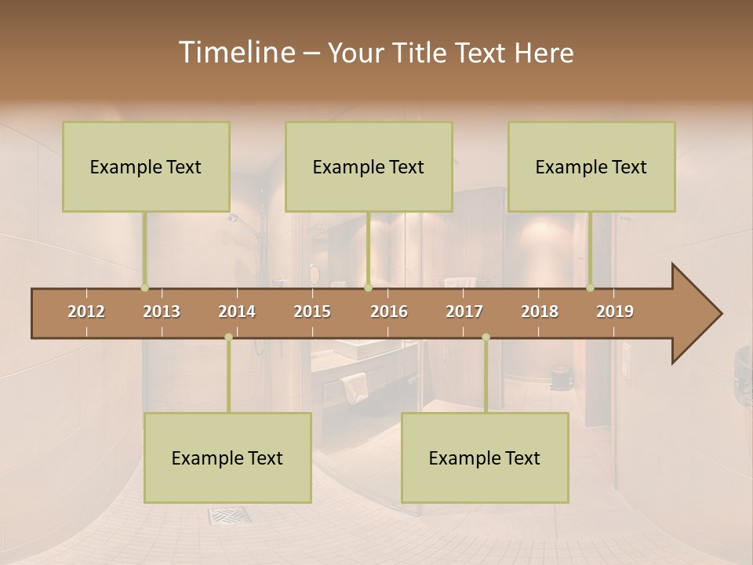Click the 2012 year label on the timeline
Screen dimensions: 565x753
tap(86, 312)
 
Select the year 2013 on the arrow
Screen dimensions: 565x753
tap(162, 312)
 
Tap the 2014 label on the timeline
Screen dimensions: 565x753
tap(237, 312)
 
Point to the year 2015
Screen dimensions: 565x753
tap(312, 312)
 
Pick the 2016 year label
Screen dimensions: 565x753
tap(389, 312)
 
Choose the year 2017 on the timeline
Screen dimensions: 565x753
tap(464, 312)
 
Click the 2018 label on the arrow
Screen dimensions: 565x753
tap(540, 312)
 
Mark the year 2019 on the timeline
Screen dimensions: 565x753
tap(615, 312)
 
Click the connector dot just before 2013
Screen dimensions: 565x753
tap(144, 288)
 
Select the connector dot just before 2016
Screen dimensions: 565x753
tap(368, 288)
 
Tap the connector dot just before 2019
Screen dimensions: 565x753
tap(591, 288)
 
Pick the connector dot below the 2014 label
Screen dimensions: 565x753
tap(228, 337)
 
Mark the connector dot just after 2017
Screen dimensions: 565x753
tap(486, 337)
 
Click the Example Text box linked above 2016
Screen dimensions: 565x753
tap(369, 166)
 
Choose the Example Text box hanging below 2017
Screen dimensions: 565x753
tap(485, 457)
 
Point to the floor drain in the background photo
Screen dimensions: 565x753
tap(229, 516)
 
